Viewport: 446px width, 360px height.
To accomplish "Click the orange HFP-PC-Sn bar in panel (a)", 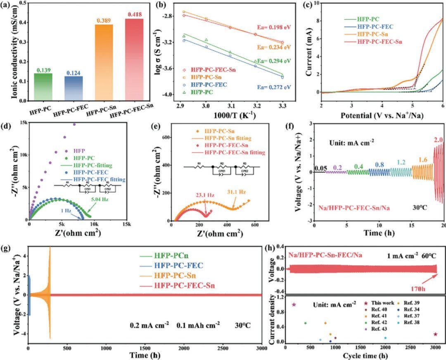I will (x=104, y=62).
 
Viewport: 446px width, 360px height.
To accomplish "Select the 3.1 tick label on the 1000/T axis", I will (x=230, y=107).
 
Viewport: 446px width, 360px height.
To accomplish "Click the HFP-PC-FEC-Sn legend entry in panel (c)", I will (x=380, y=41).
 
